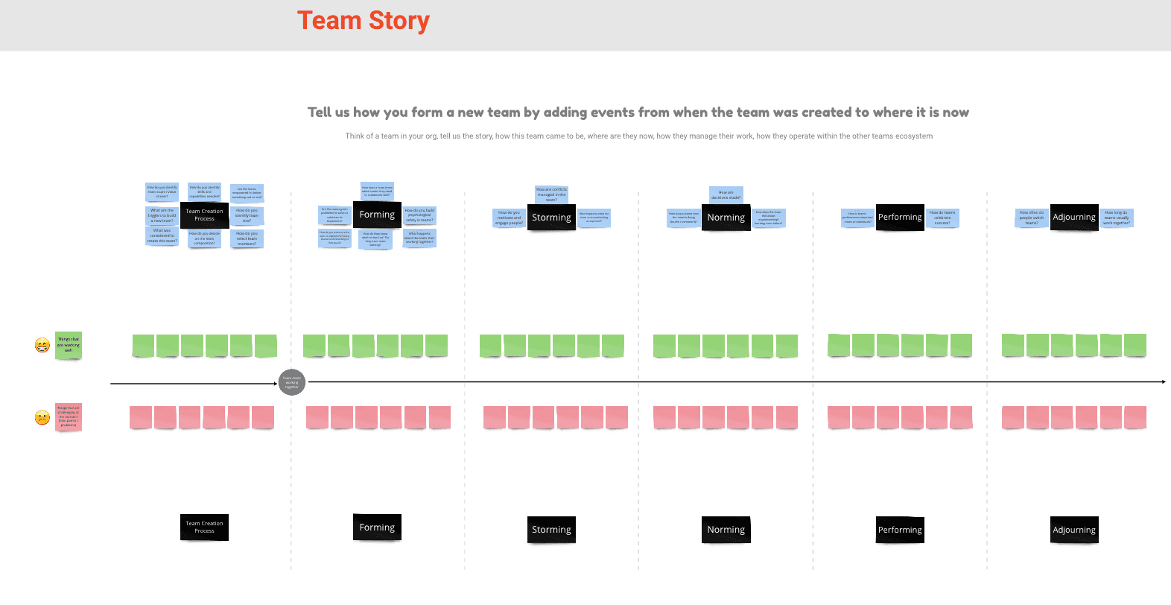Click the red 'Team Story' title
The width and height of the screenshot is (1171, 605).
(363, 21)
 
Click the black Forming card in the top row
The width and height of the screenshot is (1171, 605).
(377, 215)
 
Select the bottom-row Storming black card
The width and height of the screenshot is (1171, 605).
(551, 530)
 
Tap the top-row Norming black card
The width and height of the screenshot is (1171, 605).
(726, 218)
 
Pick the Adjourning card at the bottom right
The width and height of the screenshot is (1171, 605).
(1073, 530)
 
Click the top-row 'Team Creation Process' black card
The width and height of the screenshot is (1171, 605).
(204, 215)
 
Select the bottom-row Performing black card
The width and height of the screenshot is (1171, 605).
(899, 530)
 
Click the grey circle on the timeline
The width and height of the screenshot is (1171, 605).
(291, 382)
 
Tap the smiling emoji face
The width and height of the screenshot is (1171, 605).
(42, 345)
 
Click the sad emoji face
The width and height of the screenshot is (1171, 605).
(42, 417)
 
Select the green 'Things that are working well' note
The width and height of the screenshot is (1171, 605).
(68, 345)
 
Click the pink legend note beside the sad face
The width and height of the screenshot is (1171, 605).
(68, 416)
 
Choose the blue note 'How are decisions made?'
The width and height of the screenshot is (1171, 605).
(726, 194)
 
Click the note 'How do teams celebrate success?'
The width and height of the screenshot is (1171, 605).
(942, 218)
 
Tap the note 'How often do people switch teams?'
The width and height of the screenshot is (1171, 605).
(1031, 218)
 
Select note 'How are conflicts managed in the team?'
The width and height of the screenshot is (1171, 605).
(551, 194)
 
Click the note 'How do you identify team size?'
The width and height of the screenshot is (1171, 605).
(247, 215)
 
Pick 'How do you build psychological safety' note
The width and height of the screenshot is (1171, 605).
(419, 215)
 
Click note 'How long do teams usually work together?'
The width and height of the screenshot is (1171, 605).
(1116, 218)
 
